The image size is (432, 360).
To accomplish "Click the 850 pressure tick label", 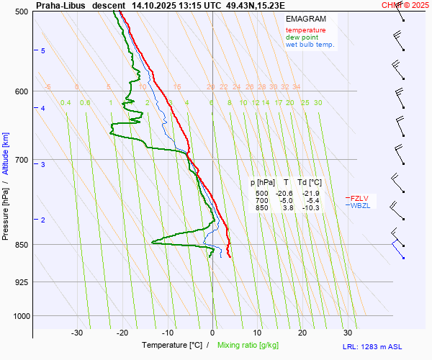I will pos(22,245).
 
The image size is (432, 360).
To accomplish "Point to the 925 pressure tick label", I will pos(22,282).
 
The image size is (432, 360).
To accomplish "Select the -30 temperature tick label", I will pos(77,333).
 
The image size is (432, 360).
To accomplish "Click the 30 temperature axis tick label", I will pos(348,333).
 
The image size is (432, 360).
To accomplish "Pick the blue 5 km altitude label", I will pos(42,50).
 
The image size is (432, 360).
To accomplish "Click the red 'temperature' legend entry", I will pos(305,30).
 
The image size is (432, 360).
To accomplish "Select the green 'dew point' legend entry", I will pos(302,37).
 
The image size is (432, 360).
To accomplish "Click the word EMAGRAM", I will pos(305,18).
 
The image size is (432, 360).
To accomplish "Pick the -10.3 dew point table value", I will pos(310,208).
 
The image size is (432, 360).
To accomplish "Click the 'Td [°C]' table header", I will pos(310,183).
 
